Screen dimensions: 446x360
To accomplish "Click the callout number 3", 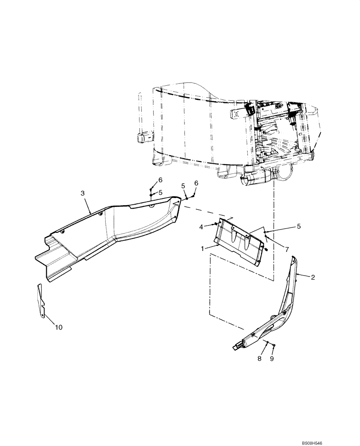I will point(82,193).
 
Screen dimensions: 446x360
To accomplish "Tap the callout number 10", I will point(59,327).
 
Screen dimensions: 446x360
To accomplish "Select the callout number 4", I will point(201,227).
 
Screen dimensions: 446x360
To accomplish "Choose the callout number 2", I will point(313,277).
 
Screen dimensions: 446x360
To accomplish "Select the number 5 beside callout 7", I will point(298,226).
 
